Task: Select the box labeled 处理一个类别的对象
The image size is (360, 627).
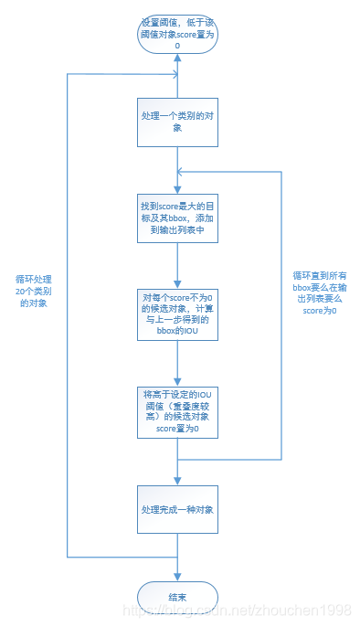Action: (178, 122)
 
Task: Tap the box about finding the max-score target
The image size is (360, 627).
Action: (178, 218)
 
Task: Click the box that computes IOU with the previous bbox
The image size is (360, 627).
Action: (178, 313)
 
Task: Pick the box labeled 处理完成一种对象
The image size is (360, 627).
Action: (178, 508)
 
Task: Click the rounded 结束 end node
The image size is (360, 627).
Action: (178, 595)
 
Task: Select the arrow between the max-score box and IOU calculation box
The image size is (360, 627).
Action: (178, 265)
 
